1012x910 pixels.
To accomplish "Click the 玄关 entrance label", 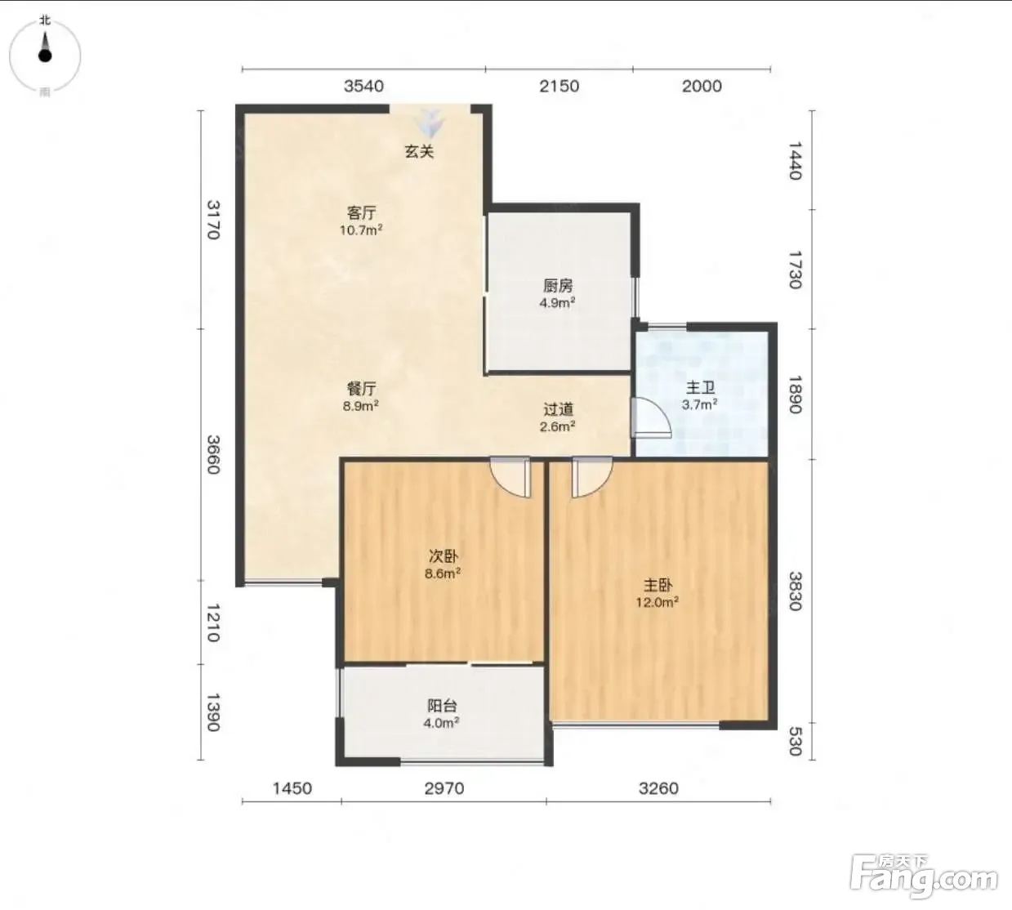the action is tap(419, 151).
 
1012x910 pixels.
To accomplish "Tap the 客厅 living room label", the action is tap(361, 213).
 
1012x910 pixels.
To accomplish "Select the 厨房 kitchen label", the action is tap(558, 286).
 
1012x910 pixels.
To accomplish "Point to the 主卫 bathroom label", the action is tap(700, 388).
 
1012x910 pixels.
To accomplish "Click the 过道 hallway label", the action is tap(558, 408).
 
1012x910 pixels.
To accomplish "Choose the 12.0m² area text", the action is tap(657, 602).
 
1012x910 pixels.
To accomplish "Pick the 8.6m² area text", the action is tap(443, 573).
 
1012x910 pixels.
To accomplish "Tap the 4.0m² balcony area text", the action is tap(441, 723).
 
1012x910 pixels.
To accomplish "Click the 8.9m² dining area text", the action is tap(361, 406).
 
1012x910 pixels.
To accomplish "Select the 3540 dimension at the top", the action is tap(363, 87).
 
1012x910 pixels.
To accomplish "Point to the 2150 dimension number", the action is tap(559, 87).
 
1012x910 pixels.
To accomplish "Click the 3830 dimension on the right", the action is tap(795, 591).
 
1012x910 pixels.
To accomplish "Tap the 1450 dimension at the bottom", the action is tap(292, 787).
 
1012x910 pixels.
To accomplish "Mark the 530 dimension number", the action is tap(795, 742).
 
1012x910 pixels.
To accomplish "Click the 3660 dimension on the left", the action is tap(214, 455).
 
